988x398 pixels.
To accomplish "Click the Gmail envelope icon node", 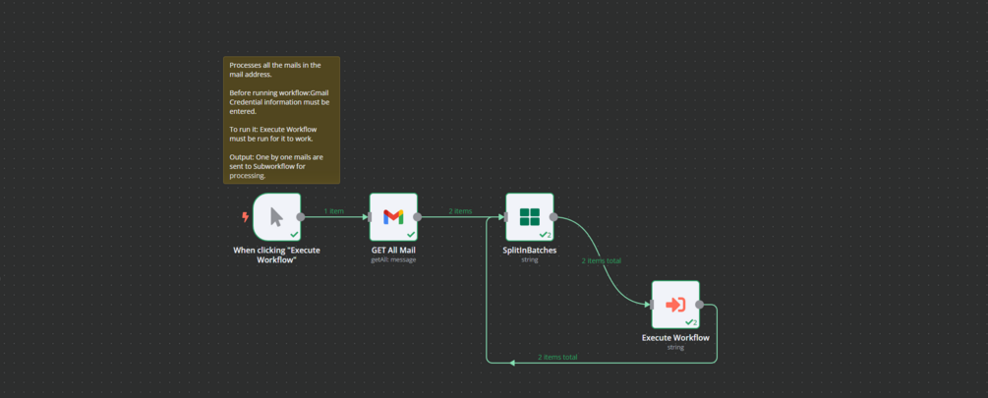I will pyautogui.click(x=393, y=216).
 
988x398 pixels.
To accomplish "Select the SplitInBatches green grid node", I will pyautogui.click(x=530, y=216).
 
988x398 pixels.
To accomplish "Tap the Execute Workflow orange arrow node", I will pyautogui.click(x=675, y=305).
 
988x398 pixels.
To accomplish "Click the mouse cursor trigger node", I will pyautogui.click(x=276, y=216).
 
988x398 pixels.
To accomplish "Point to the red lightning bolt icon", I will pyautogui.click(x=245, y=217).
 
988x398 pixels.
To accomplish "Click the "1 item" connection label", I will pyautogui.click(x=334, y=211).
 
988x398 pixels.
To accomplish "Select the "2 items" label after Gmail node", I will pyautogui.click(x=460, y=211).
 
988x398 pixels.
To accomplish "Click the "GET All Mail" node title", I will pyautogui.click(x=393, y=251).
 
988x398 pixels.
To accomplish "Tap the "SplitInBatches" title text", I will pyautogui.click(x=530, y=251).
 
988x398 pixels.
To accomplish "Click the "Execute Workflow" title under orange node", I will pyautogui.click(x=675, y=338).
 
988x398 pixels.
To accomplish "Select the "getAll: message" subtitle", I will pyautogui.click(x=393, y=259).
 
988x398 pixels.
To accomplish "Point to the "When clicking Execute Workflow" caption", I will pyautogui.click(x=276, y=255).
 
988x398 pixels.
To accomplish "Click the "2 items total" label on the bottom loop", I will pyautogui.click(x=557, y=357).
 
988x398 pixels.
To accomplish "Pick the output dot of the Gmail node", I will pyautogui.click(x=418, y=217).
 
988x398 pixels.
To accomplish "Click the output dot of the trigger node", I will pyautogui.click(x=301, y=217).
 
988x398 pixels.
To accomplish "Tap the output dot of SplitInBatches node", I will pyautogui.click(x=553, y=217).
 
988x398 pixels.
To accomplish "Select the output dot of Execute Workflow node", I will pyautogui.click(x=699, y=305).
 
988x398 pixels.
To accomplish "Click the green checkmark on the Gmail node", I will pyautogui.click(x=410, y=235).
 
